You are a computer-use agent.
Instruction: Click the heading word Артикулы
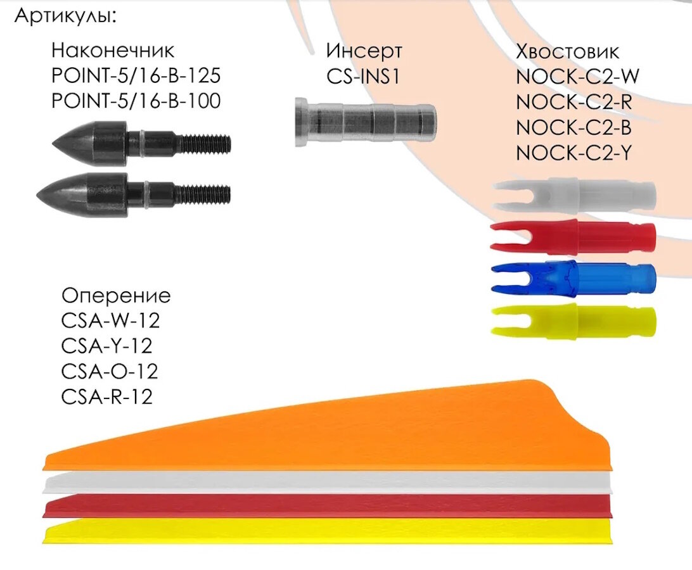coord(65,16)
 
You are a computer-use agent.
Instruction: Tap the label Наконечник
coord(112,50)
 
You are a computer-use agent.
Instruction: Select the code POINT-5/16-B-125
coord(136,75)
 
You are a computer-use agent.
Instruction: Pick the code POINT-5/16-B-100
coord(136,100)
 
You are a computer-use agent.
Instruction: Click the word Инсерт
coord(364,50)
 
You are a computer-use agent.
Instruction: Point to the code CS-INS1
coord(364,75)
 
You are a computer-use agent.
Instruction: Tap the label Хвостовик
coord(567,51)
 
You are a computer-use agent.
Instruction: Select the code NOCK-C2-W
coord(577,77)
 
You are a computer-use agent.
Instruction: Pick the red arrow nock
coord(574,235)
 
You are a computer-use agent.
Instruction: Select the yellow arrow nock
coord(574,319)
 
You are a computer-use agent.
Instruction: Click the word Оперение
coord(116,296)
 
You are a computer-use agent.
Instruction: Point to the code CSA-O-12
coord(110,371)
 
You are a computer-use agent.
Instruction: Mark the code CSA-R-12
coord(108,396)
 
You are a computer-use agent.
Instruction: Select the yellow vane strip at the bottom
coord(317,531)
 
